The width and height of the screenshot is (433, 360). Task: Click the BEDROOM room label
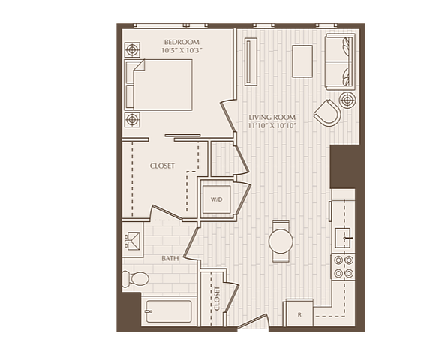(182, 42)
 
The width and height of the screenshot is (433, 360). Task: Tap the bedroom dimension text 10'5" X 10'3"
(182, 50)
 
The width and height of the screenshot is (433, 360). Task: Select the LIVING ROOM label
(272, 118)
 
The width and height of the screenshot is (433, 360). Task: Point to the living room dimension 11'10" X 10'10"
(272, 126)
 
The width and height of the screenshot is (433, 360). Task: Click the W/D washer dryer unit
(216, 199)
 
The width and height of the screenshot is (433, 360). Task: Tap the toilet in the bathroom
(136, 278)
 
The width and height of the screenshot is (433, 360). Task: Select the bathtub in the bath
(168, 311)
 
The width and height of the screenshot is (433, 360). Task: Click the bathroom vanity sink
(133, 240)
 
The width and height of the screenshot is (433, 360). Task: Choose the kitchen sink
(343, 238)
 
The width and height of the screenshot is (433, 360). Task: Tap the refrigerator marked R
(299, 314)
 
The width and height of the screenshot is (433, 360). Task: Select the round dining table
(281, 241)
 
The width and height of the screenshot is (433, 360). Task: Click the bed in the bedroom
(158, 85)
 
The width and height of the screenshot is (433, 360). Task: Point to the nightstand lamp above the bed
(132, 50)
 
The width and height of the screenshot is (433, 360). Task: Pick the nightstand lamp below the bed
(132, 119)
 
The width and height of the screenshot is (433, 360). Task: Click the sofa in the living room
(340, 61)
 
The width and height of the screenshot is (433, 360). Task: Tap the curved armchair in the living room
(327, 113)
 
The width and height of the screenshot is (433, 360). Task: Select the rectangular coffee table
(302, 61)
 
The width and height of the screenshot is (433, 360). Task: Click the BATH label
(170, 259)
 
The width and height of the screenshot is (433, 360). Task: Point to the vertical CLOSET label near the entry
(217, 298)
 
